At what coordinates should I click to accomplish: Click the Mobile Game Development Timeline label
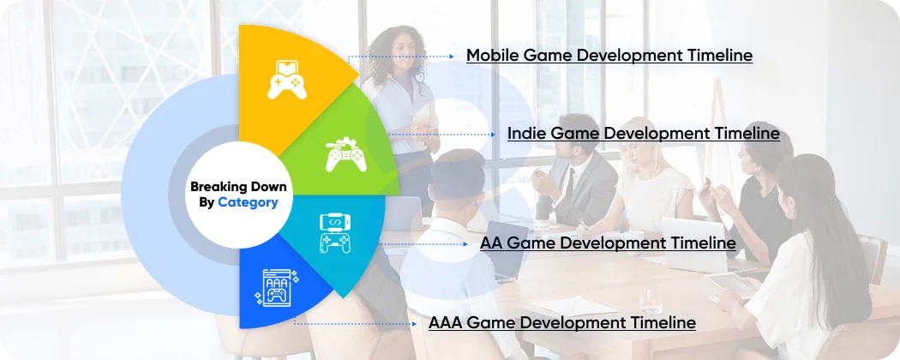609,56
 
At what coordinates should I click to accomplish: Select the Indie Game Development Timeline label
643,134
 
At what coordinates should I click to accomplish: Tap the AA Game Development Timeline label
608,243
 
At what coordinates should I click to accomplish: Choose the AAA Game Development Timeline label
561,323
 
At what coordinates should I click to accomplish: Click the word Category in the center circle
248,202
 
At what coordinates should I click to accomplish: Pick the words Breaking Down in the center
238,186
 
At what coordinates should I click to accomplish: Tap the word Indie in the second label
526,134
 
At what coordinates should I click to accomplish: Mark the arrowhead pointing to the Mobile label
452,57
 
